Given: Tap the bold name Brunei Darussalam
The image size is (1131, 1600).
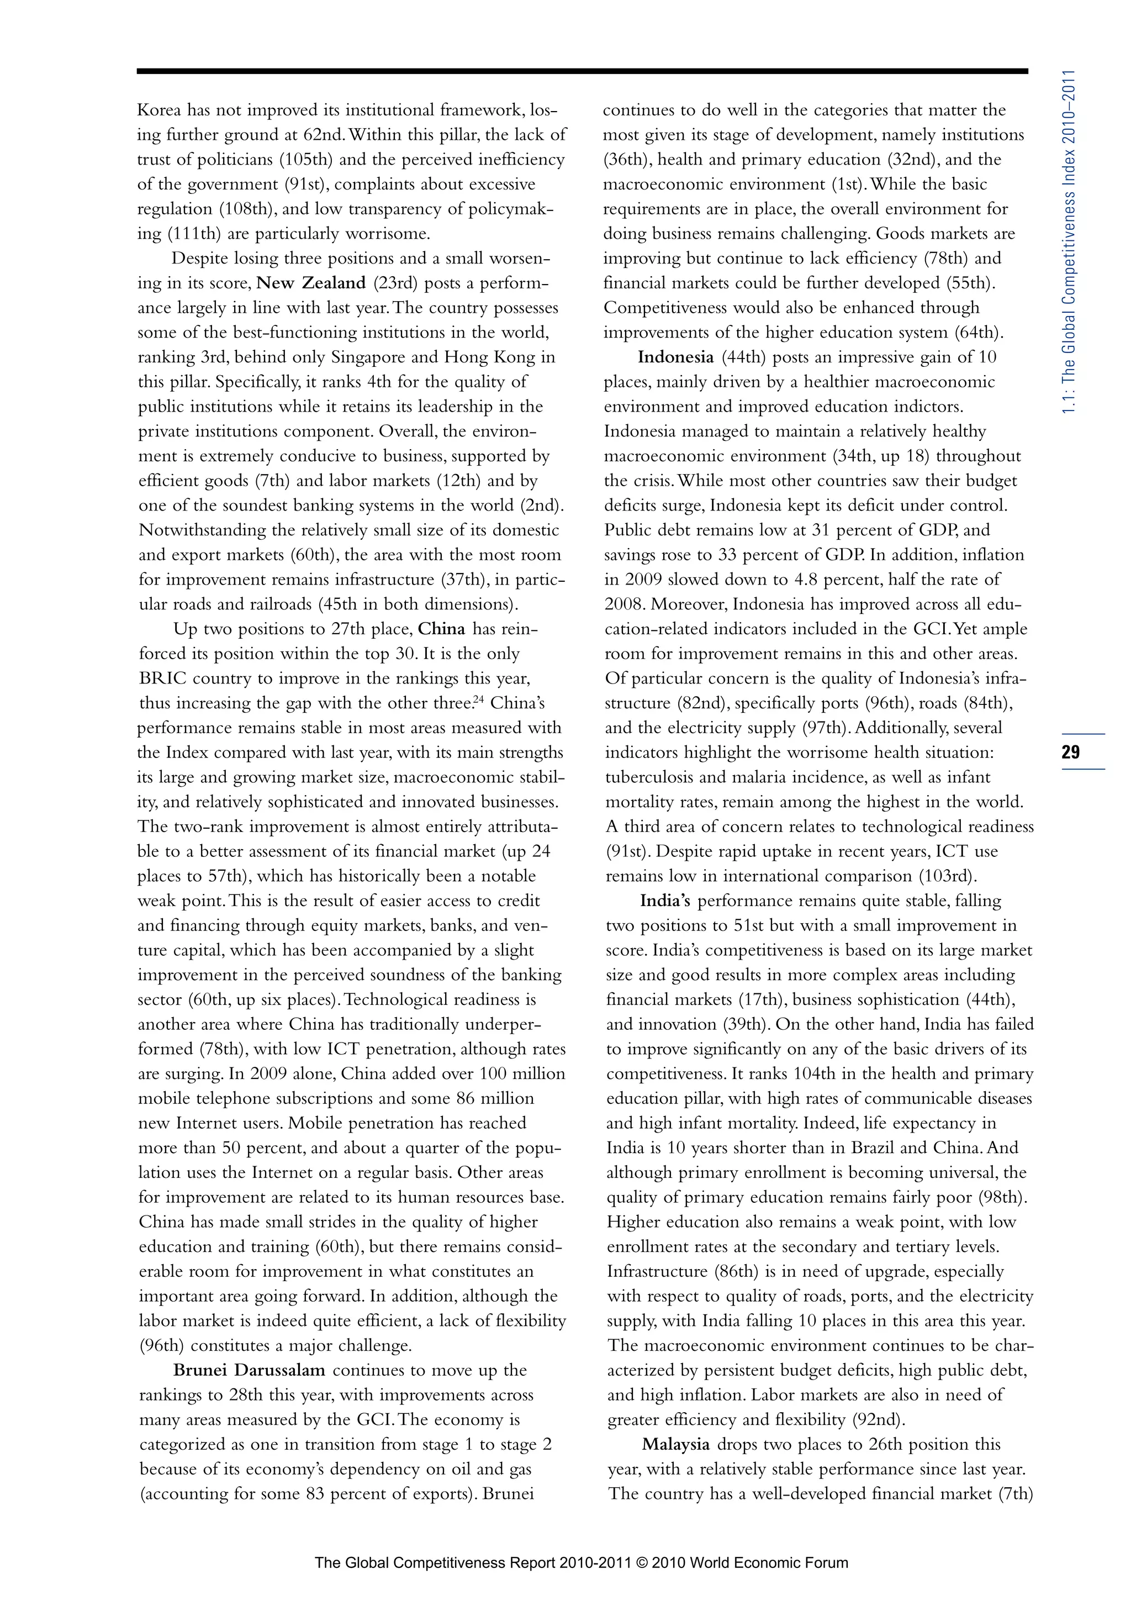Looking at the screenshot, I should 249,1370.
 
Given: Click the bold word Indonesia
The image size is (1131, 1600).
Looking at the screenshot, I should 675,357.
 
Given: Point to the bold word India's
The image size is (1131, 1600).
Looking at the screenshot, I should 665,901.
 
